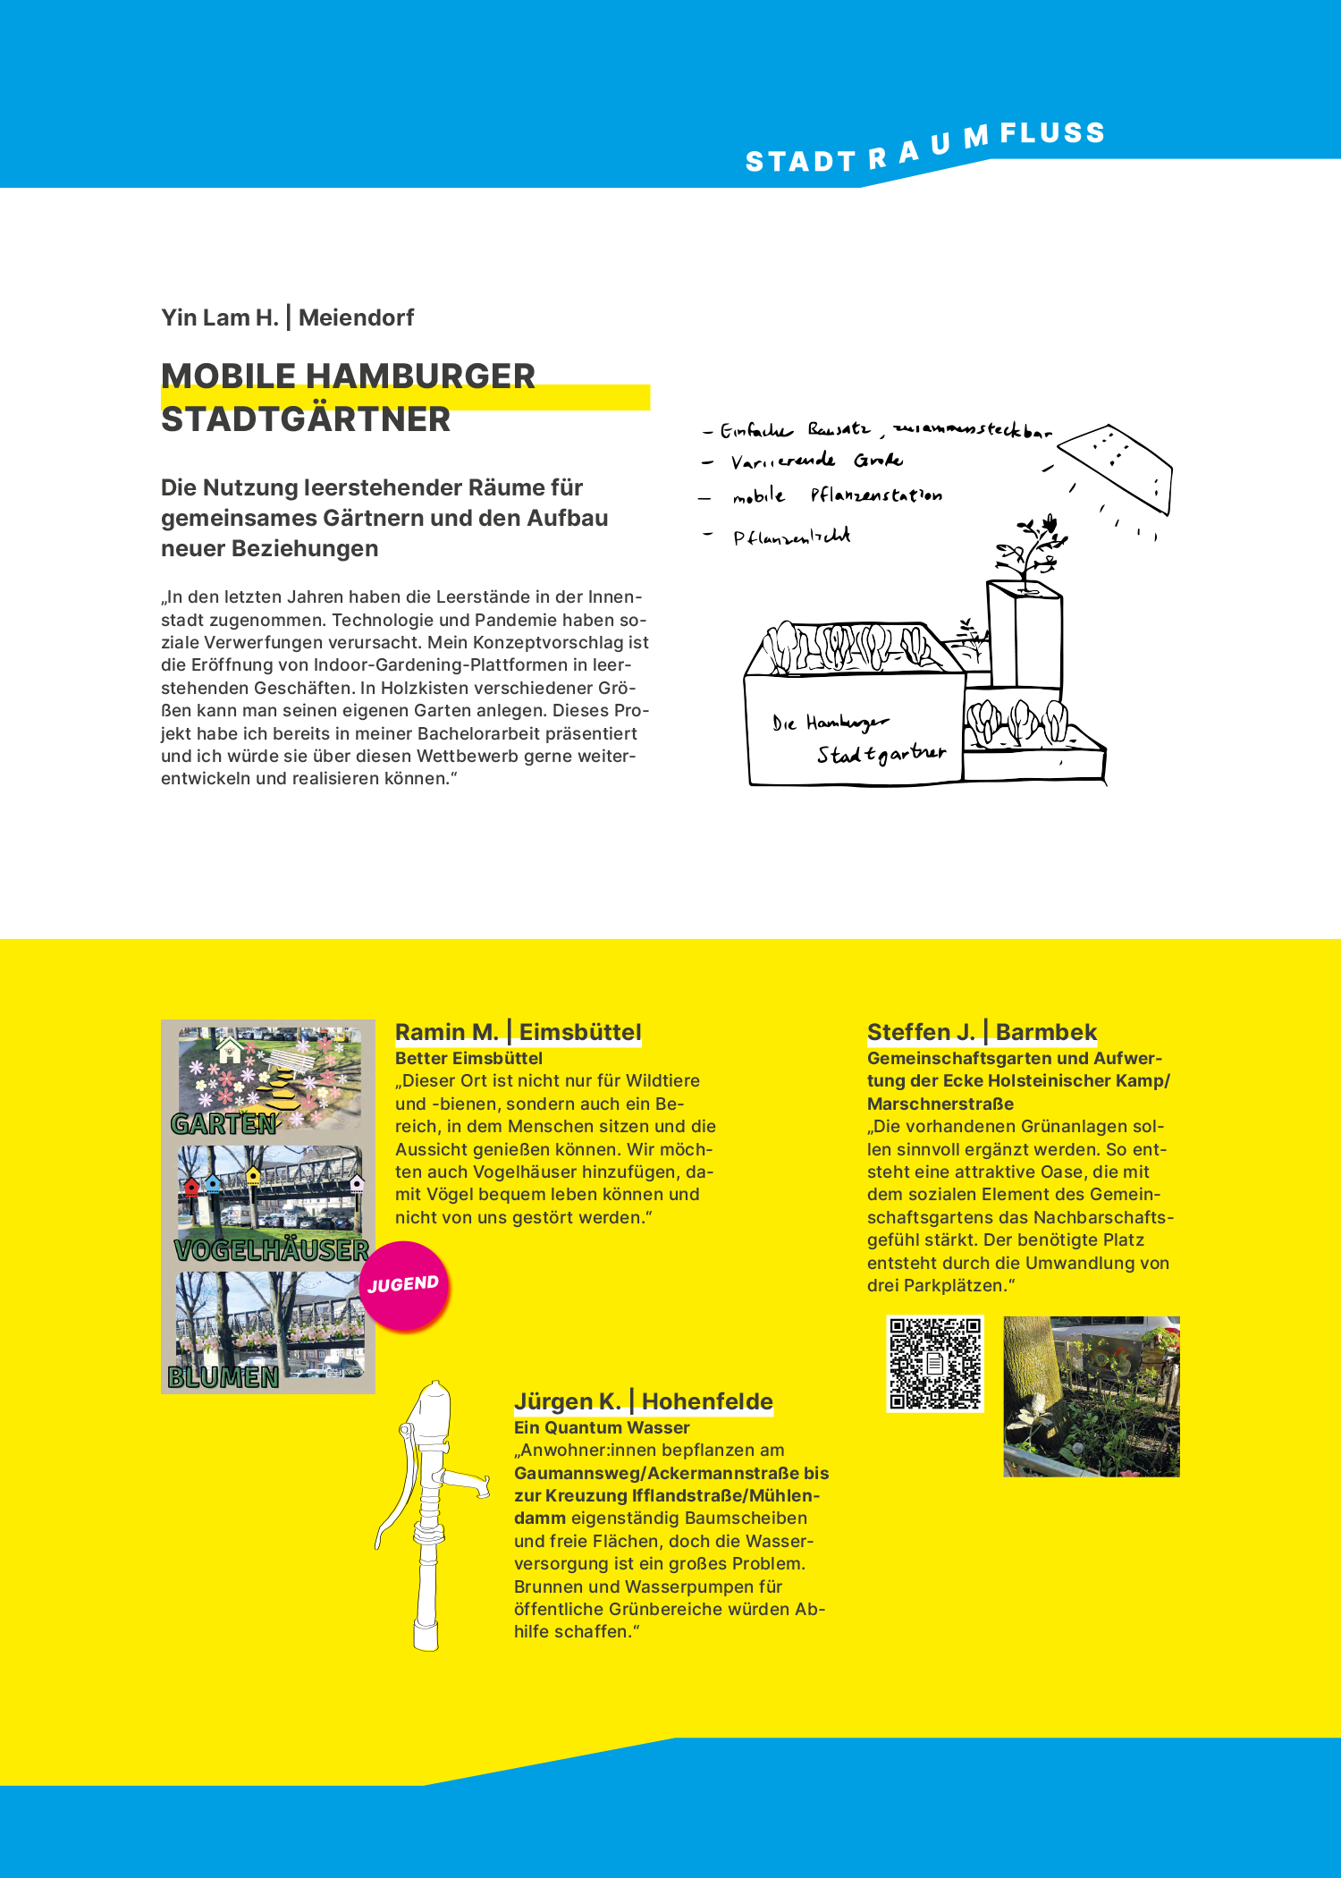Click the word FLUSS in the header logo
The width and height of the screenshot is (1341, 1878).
pos(1052,133)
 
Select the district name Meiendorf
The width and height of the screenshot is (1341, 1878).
pos(356,317)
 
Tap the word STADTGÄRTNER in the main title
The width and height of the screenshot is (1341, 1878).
pos(306,419)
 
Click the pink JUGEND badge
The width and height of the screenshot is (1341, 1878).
pos(404,1285)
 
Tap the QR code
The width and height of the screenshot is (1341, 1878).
pos(934,1363)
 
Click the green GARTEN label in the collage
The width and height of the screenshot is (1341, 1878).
pos(223,1123)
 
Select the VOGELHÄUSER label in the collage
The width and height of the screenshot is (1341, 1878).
pos(271,1249)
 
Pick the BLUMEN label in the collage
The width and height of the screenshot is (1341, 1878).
pos(223,1376)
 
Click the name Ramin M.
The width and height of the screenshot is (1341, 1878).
pos(446,1032)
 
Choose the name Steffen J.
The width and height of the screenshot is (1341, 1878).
pos(920,1032)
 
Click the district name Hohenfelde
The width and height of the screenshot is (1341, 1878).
pos(707,1401)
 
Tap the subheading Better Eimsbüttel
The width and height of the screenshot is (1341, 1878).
pos(468,1058)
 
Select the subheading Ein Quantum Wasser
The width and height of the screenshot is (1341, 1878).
pos(602,1427)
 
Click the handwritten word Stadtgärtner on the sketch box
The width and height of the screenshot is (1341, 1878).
pos(881,754)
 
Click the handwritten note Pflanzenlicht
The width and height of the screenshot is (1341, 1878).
pos(791,537)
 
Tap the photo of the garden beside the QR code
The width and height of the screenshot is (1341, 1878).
pos(1091,1395)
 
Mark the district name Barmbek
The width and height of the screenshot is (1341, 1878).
pos(1046,1032)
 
